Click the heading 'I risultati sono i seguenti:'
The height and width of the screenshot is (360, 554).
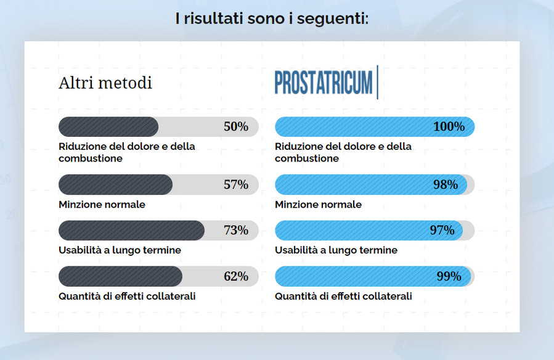(x=272, y=18)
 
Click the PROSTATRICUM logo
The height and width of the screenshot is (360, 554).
(x=324, y=83)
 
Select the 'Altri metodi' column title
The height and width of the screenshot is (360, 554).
(x=105, y=83)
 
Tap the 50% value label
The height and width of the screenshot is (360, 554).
(x=235, y=127)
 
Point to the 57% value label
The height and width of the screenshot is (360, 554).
(x=235, y=184)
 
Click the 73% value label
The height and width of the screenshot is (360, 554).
(x=235, y=231)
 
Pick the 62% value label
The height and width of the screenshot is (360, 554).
(x=235, y=276)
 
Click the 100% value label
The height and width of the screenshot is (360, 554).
(x=449, y=127)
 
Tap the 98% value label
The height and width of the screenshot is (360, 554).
(x=445, y=184)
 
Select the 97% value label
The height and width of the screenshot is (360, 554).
(x=442, y=231)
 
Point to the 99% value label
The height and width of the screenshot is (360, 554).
(x=449, y=276)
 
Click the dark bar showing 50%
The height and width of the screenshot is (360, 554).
(x=108, y=127)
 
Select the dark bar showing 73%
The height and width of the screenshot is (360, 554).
(x=131, y=231)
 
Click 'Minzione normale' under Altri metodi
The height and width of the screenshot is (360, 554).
(x=102, y=205)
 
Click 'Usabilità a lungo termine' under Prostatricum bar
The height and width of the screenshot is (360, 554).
(x=336, y=250)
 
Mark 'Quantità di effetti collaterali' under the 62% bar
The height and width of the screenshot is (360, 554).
(x=127, y=296)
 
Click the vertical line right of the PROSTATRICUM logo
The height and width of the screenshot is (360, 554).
(x=377, y=83)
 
